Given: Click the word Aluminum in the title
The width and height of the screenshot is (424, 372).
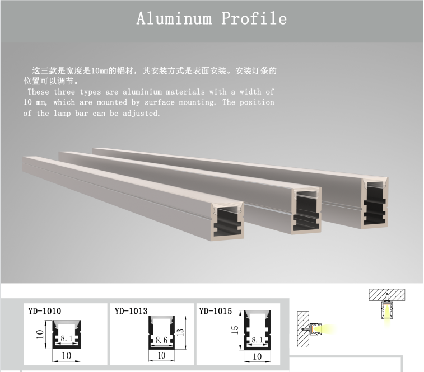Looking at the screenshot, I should point(174,18).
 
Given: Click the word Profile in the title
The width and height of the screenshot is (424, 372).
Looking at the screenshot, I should point(254,18).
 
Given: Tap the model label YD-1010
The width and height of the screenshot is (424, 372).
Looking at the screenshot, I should point(44,311).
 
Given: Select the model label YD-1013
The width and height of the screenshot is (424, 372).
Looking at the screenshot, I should point(131,311).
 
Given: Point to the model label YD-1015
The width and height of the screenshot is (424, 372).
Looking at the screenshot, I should point(216,311).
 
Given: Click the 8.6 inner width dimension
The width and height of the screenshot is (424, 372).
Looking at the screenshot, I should point(161,340).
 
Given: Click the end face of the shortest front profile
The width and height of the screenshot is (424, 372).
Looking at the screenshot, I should point(227,222).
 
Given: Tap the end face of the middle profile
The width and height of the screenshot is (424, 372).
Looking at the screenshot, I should point(306,210).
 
